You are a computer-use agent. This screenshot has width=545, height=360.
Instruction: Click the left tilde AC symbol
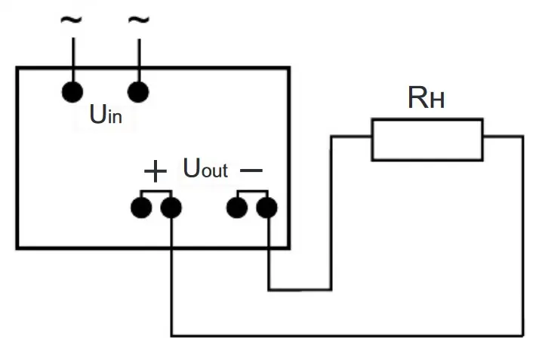pyautogui.click(x=71, y=20)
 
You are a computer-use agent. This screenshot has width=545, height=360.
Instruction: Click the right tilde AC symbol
pyautogui.click(x=139, y=20)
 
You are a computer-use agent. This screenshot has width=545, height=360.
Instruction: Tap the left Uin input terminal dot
pyautogui.click(x=72, y=92)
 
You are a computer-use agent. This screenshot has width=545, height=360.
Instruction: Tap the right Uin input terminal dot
pyautogui.click(x=138, y=92)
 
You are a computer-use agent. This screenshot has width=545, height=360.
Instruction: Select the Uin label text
pyautogui.click(x=106, y=114)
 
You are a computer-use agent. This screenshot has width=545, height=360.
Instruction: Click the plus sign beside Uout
pyautogui.click(x=155, y=171)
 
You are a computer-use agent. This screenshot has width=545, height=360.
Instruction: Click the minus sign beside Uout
pyautogui.click(x=251, y=171)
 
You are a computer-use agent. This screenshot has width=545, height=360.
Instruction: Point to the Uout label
pyautogui.click(x=205, y=168)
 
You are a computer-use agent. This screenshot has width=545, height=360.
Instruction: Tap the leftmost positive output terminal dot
pyautogui.click(x=141, y=208)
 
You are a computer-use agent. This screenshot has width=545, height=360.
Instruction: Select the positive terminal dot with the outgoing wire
pyautogui.click(x=171, y=208)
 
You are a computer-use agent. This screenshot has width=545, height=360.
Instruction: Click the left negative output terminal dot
pyautogui.click(x=237, y=208)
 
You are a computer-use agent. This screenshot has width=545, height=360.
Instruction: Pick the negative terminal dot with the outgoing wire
pyautogui.click(x=267, y=208)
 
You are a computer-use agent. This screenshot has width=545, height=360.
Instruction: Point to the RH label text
pyautogui.click(x=426, y=97)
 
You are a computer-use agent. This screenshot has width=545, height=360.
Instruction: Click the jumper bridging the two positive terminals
pyautogui.click(x=156, y=191)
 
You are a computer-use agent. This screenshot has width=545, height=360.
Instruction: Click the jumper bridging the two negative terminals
pyautogui.click(x=252, y=191)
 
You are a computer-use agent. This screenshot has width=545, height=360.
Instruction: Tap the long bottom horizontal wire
pyautogui.click(x=347, y=336)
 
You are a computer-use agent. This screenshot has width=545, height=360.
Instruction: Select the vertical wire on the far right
pyautogui.click(x=522, y=236)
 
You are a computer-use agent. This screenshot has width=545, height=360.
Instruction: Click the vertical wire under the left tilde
pyautogui.click(x=73, y=60)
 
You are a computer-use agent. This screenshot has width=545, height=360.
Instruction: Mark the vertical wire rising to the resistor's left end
pyautogui.click(x=331, y=213)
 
